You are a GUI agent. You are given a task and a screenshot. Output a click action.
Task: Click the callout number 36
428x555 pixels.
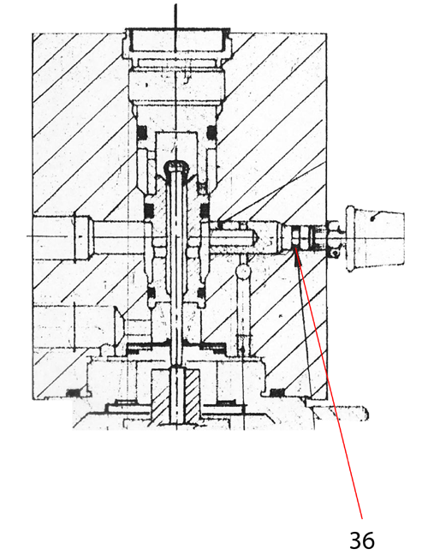coord(362,540)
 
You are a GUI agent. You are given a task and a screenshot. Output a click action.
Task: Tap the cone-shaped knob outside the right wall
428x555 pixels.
coord(375,238)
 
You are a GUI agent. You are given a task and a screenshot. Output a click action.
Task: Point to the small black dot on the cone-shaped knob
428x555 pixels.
coord(372,219)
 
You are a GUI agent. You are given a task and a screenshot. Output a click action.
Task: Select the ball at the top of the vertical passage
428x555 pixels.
coord(244,272)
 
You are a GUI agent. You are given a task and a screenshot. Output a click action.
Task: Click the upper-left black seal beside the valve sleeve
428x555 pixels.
coord(142,133)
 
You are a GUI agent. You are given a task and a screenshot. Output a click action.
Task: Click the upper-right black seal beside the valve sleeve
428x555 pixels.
coord(211,133)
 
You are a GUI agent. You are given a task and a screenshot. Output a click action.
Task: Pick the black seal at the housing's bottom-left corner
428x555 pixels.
coord(73,392)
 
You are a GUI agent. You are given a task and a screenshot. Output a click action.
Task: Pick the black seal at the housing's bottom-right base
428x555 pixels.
coord(277,391)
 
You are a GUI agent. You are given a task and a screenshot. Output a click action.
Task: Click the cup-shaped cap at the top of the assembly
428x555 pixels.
coord(175,44)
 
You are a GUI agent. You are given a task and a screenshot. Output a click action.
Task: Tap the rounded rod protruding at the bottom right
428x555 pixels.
coord(341,413)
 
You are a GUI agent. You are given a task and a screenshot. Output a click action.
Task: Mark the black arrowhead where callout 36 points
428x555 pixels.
coord(296,256)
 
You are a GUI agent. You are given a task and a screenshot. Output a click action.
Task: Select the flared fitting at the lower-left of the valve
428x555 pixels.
coord(118,325)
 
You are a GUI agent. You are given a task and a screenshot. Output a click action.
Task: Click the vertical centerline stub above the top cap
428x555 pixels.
coord(175,16)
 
